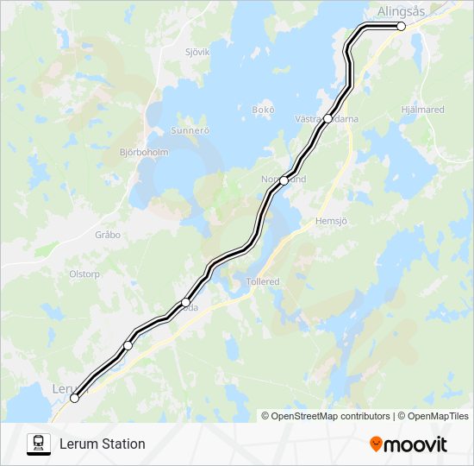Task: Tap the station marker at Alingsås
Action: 401,27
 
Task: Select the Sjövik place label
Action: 197,52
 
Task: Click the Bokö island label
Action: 262,110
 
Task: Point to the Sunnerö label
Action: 190,131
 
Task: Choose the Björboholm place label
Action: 144,152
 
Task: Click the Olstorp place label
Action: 84,274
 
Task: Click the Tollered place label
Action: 262,281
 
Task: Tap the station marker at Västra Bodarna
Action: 327,119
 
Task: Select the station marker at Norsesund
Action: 284,180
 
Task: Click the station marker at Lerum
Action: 74,398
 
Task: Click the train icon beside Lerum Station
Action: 38,444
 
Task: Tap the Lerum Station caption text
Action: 102,444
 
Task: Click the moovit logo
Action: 409,444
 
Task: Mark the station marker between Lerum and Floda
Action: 128,345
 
